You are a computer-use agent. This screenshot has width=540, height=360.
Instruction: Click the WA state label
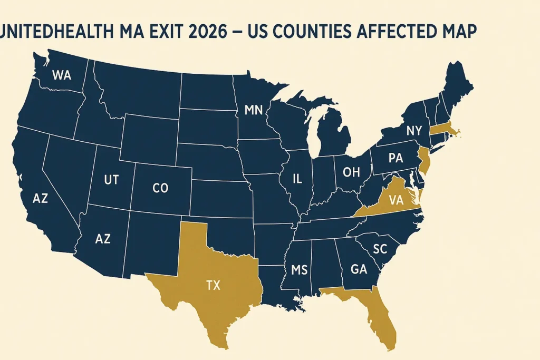pyautogui.click(x=61, y=75)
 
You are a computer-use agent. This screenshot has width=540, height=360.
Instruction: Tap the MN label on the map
pyautogui.click(x=253, y=110)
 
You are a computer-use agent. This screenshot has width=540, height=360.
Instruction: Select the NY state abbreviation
pyautogui.click(x=414, y=130)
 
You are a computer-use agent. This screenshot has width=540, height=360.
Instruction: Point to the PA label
pyautogui.click(x=396, y=158)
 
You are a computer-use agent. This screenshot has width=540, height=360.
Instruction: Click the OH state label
pyautogui.click(x=351, y=172)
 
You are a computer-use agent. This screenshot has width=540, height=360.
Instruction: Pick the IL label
pyautogui.click(x=297, y=179)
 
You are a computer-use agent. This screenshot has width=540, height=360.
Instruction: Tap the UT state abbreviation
pyautogui.click(x=111, y=180)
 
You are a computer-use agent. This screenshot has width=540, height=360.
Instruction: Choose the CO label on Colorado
pyautogui.click(x=160, y=188)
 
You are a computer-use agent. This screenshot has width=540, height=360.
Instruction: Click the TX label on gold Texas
pyautogui.click(x=213, y=285)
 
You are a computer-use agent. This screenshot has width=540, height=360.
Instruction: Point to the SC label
pyautogui.click(x=379, y=249)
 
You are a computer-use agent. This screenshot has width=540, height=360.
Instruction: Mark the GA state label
pyautogui.click(x=358, y=269)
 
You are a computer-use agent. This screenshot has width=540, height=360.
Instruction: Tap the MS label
pyautogui.click(x=298, y=270)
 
